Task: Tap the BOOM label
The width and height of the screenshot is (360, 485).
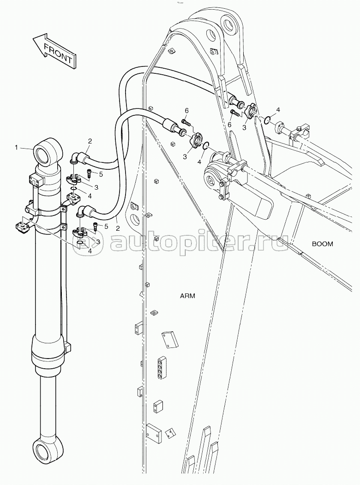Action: [322, 244]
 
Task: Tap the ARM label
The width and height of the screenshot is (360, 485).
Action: [187, 296]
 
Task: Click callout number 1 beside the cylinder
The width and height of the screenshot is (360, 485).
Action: [17, 148]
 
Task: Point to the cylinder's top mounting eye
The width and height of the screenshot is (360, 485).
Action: [48, 153]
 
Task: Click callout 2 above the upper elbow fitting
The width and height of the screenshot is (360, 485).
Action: [90, 140]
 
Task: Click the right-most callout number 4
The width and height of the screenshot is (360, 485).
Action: [278, 110]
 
